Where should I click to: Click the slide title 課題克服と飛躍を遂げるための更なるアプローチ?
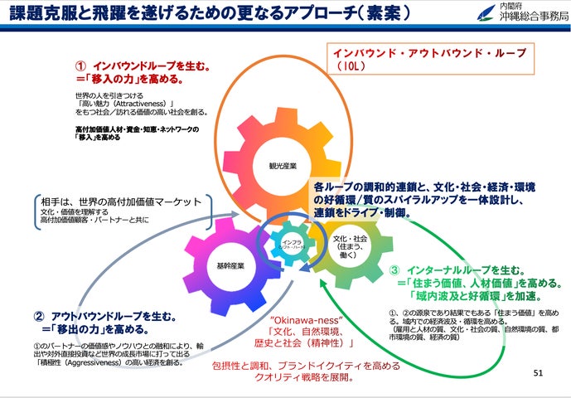[x=199, y=16]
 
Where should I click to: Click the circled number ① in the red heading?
[x=80, y=65]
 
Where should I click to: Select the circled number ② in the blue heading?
[x=38, y=317]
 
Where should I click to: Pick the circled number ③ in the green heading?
[x=394, y=270]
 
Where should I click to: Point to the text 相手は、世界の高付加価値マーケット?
[x=121, y=201]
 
